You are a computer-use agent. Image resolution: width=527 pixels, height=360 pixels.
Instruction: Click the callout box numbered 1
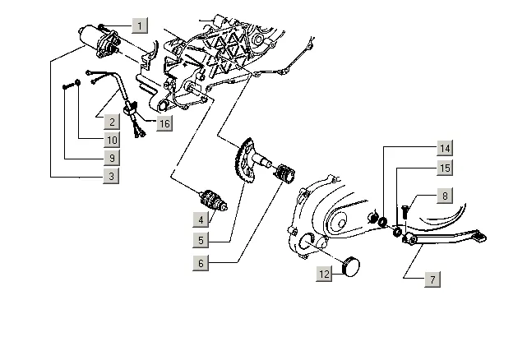[x=140, y=25]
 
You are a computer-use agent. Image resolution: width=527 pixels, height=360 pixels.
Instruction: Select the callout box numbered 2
[x=112, y=122]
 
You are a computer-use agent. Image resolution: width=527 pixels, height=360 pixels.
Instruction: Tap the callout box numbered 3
[x=111, y=176]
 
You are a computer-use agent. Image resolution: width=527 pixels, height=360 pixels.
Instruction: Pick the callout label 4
[x=201, y=219]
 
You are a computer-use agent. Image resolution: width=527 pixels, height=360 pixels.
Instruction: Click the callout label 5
[x=201, y=240]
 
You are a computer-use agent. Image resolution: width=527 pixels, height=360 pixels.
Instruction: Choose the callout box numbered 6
[x=201, y=263]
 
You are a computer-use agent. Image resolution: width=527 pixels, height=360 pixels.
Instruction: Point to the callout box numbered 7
[x=432, y=279]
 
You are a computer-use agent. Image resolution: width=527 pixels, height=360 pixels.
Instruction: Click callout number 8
[x=445, y=196]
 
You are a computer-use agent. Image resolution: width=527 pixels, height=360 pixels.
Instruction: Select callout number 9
[x=112, y=158]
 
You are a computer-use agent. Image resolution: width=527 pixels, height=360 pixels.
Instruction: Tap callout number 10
[x=112, y=140]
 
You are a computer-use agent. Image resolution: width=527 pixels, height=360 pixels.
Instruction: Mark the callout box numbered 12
[x=324, y=274]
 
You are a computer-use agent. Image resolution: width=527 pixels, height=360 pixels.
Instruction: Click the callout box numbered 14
[x=445, y=148]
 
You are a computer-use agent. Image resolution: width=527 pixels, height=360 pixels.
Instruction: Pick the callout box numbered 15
[x=445, y=168]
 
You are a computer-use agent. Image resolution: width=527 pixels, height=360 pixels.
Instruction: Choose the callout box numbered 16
[x=164, y=123]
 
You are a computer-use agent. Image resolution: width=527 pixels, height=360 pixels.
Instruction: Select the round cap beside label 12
[x=350, y=265]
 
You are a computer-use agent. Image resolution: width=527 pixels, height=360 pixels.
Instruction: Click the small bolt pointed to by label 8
[x=404, y=212]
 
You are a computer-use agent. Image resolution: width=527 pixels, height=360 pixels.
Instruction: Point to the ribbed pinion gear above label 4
[x=212, y=201]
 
